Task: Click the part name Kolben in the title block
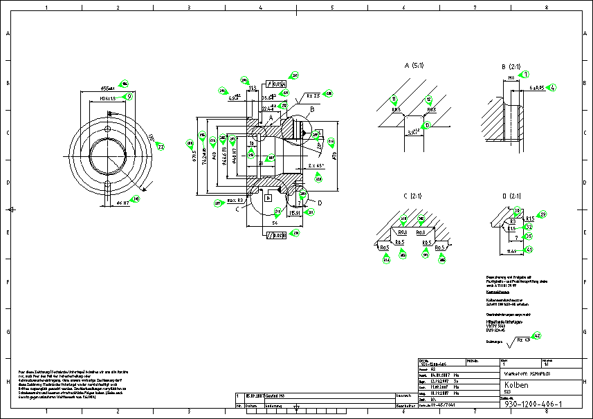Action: click(517, 384)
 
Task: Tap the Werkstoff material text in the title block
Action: click(527, 372)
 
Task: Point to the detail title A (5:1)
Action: click(416, 66)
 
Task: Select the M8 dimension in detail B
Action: click(512, 78)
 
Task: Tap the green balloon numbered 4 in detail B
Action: click(551, 88)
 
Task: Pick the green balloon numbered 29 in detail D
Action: click(542, 215)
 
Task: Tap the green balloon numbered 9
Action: click(127, 95)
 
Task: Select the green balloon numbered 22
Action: click(160, 147)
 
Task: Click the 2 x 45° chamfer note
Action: click(316, 167)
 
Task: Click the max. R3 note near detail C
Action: click(235, 200)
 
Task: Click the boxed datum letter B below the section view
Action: click(268, 197)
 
